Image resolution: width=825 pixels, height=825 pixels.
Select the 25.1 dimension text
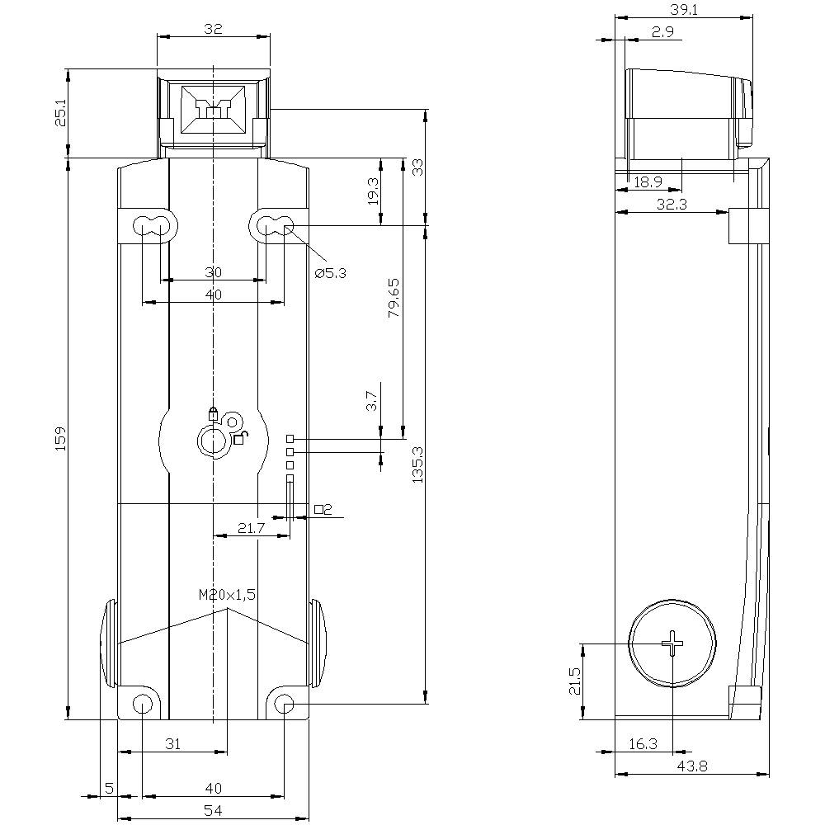click(60, 113)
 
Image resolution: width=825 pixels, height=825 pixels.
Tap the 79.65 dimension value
click(394, 298)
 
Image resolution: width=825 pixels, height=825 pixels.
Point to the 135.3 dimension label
click(417, 464)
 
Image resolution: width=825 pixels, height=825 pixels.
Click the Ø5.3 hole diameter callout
click(331, 273)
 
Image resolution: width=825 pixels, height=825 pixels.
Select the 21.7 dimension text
click(250, 528)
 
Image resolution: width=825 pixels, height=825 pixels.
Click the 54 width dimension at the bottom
click(213, 811)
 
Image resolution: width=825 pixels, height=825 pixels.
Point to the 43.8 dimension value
click(692, 766)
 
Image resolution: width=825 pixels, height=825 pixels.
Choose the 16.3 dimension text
click(643, 743)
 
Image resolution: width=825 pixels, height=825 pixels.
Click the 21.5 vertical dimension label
click(574, 681)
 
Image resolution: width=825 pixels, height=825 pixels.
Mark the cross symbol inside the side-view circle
click(673, 643)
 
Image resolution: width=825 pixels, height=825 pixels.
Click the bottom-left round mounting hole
click(143, 704)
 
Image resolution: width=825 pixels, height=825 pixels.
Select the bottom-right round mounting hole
click(284, 704)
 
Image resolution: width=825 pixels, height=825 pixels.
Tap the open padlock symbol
click(239, 438)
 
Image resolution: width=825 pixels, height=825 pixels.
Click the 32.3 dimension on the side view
click(672, 205)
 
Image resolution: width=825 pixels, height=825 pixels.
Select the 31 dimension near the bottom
click(172, 743)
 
